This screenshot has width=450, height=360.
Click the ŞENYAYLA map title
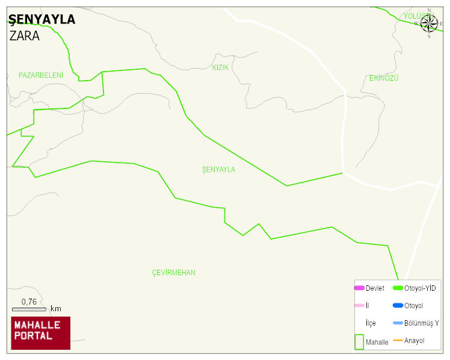click(x=42, y=19)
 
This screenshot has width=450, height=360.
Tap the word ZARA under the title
click(x=25, y=36)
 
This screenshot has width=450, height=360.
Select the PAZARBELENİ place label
click(x=41, y=75)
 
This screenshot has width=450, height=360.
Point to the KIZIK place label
click(x=220, y=67)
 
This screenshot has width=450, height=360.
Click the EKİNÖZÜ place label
click(x=384, y=78)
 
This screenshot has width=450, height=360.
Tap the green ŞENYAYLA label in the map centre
click(x=219, y=170)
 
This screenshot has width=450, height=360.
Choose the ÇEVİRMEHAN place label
click(x=173, y=273)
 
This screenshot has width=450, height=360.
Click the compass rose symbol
click(x=429, y=23)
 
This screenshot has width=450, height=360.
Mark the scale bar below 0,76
click(x=29, y=309)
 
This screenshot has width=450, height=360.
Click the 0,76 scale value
click(x=29, y=301)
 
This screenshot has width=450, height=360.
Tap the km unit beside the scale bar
click(x=56, y=309)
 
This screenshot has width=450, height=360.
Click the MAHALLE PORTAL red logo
click(x=40, y=333)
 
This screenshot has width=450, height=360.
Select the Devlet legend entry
click(x=369, y=288)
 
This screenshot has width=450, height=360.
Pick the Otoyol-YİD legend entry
click(x=415, y=288)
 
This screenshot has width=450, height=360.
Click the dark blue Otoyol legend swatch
click(x=398, y=306)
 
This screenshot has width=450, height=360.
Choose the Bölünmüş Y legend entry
click(x=416, y=323)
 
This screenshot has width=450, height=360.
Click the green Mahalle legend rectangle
click(x=359, y=341)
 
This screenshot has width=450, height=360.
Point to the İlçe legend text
click(x=371, y=323)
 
